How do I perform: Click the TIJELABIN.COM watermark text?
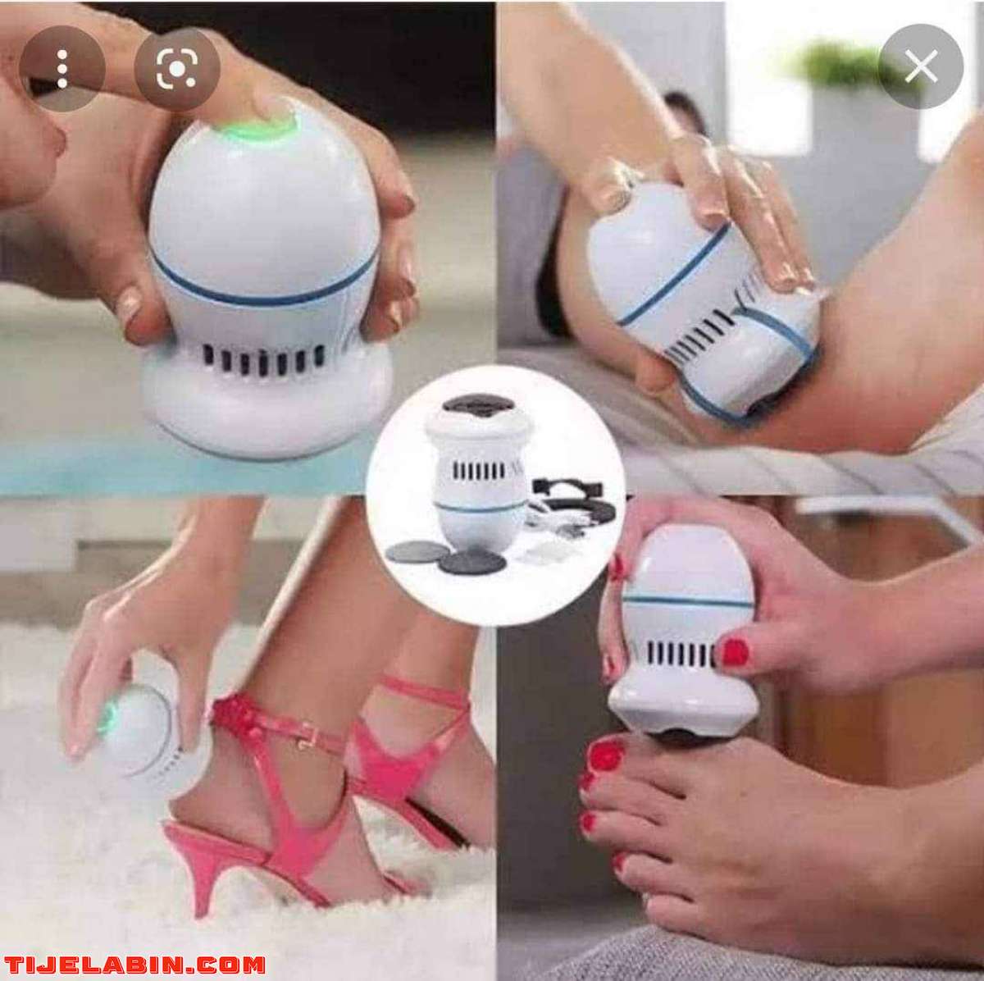(133, 965)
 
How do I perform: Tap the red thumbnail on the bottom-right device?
(736, 651)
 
